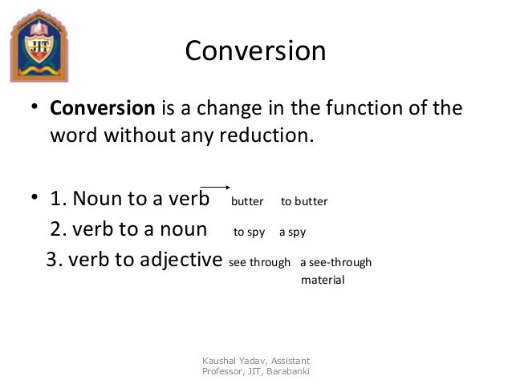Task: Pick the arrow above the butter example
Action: click(x=214, y=184)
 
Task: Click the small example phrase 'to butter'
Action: click(x=304, y=200)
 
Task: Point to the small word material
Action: click(x=322, y=281)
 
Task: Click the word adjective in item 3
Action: click(x=180, y=261)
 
